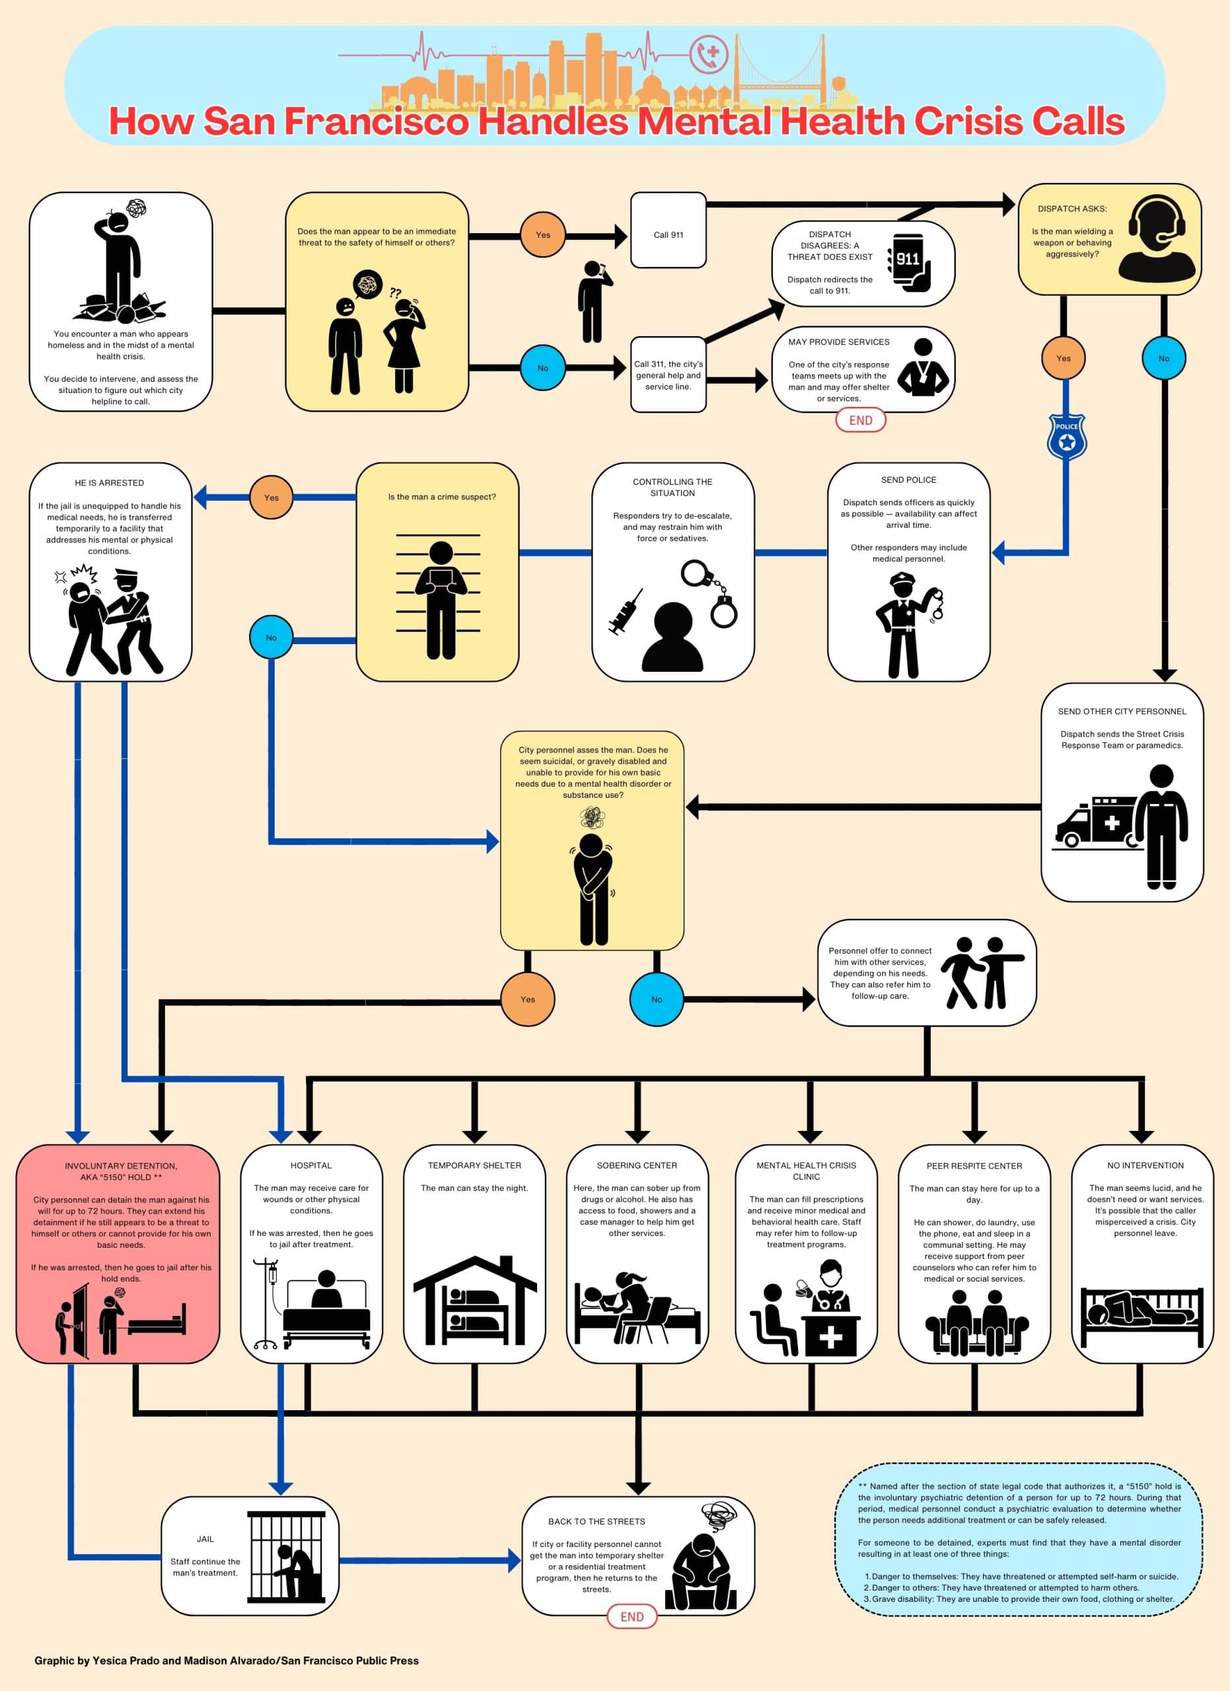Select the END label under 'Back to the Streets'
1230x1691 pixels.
click(x=632, y=1616)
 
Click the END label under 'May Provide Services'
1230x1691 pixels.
click(x=860, y=419)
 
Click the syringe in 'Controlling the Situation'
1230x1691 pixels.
click(x=626, y=612)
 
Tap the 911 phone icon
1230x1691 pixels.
click(x=909, y=262)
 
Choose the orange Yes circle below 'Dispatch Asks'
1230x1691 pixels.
click(x=1063, y=358)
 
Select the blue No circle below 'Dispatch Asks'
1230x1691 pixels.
click(x=1164, y=358)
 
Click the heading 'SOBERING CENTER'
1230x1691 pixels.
click(x=637, y=1165)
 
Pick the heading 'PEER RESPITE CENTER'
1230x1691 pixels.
click(x=974, y=1165)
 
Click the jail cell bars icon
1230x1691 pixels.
click(x=286, y=1557)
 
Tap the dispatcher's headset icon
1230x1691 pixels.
click(x=1157, y=238)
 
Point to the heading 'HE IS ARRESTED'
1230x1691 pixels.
click(x=110, y=483)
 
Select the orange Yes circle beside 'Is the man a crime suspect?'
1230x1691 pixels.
click(x=271, y=497)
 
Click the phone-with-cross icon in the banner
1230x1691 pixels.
click(x=708, y=54)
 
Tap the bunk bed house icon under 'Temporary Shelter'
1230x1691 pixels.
click(x=475, y=1301)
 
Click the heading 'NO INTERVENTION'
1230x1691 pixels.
click(x=1145, y=1165)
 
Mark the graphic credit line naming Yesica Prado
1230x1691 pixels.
click(x=227, y=1661)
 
